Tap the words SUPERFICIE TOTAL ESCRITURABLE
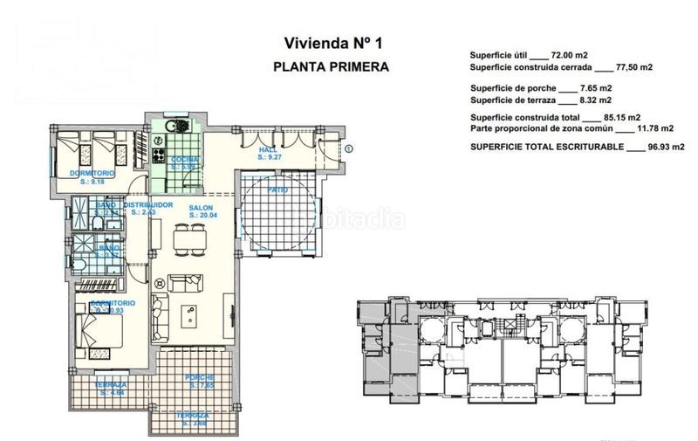[545, 148]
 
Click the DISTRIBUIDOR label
[151, 205]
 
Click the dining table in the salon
[181, 238]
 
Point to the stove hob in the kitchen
[160, 156]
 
